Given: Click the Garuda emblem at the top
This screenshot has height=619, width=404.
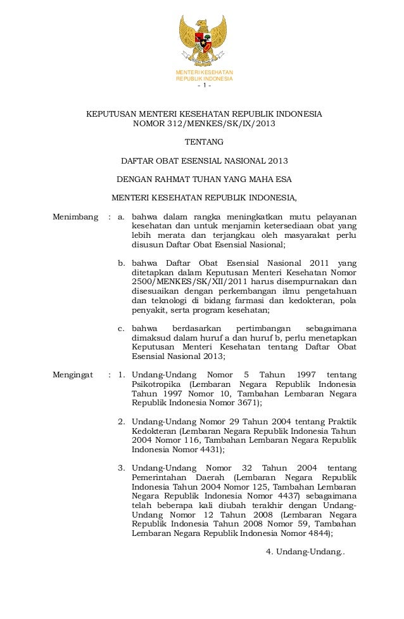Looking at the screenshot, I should point(203,41).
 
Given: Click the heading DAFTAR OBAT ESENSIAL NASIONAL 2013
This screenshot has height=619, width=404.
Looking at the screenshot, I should point(204,160).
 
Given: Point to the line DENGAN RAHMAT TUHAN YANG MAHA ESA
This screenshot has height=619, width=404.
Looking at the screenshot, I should point(204,179).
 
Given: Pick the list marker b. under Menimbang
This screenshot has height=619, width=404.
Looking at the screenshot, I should point(122,263).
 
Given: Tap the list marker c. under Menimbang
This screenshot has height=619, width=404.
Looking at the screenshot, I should point(122,329).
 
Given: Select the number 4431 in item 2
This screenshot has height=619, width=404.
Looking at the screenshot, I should point(211,449).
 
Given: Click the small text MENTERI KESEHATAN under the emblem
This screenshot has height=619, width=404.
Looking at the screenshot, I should point(204,73).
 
